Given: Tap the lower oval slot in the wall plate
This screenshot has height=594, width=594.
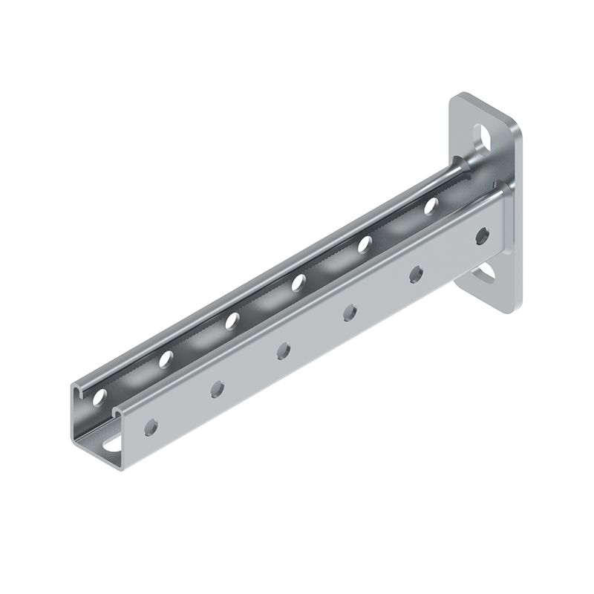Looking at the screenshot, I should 486,274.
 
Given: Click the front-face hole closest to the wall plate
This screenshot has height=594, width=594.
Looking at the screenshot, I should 482,237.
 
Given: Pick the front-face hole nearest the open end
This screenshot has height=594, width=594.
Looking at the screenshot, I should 151,427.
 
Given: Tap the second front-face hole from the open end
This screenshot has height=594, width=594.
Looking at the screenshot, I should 218,388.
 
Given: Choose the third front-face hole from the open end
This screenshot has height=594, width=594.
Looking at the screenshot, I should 283,350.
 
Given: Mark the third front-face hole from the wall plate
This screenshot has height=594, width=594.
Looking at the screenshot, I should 349,313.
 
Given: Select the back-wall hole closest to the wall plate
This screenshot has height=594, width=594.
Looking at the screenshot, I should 431,206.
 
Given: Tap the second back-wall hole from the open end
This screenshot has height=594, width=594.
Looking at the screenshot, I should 166,359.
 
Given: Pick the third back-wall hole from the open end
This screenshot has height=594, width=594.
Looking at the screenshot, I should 232,321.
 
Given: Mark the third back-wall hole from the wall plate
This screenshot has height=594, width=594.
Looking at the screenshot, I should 298,282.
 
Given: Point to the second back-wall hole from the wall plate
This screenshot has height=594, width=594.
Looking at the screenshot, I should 365,244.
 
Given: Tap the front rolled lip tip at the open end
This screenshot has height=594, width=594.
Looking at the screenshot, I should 117,409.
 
